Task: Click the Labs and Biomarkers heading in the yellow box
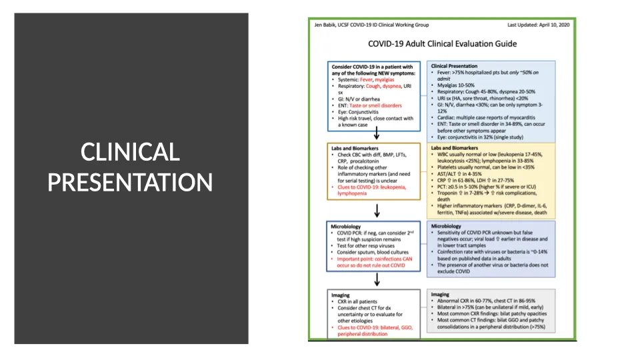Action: tap(455, 148)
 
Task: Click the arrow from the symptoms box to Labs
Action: tap(377, 135)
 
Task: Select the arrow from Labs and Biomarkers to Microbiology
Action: tap(377, 211)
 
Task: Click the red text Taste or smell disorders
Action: tap(375, 105)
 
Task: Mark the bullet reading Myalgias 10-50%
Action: tap(461, 85)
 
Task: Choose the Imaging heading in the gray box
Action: tap(440, 294)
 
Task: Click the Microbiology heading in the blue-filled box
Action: tap(446, 227)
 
